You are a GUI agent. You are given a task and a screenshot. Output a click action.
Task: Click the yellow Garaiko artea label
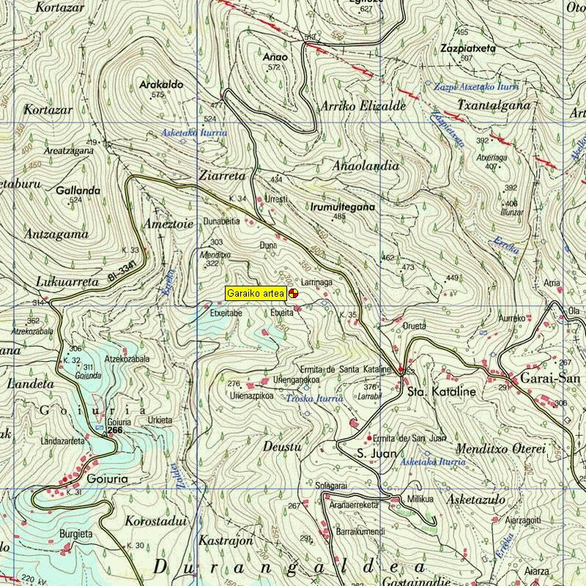pos(256,293)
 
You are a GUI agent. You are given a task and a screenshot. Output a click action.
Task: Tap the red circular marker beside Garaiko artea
pos(292,293)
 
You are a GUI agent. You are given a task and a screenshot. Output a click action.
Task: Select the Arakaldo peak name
pos(160,85)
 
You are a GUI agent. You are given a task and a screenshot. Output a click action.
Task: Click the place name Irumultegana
pos(343,207)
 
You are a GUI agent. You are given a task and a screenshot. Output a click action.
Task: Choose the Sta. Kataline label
pos(442,393)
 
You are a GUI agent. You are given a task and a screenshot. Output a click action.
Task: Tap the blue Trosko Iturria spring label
pos(314,398)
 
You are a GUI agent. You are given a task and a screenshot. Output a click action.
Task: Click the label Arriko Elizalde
pos(363,106)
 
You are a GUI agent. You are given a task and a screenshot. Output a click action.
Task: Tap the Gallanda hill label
pos(78,190)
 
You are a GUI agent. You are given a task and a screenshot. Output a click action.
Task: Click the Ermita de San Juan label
pos(409,438)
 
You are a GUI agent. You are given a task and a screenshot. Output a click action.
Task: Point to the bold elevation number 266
pos(114,431)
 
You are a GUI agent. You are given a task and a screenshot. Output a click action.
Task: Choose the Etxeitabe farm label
pos(226,313)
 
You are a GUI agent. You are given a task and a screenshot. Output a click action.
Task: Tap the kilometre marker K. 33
pos(130,250)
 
